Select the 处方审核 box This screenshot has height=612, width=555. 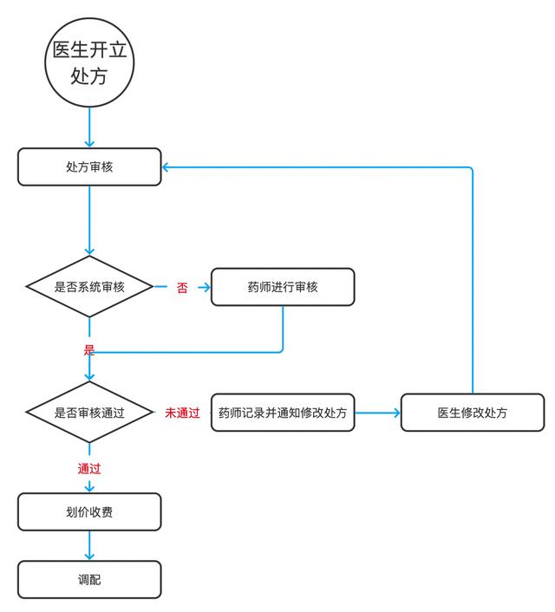[x=89, y=166]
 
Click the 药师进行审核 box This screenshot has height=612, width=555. [x=283, y=287]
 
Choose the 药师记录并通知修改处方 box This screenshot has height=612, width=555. [x=283, y=413]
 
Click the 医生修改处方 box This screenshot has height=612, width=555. [x=473, y=413]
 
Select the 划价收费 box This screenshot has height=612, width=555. [x=89, y=511]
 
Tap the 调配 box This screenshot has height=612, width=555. [x=89, y=580]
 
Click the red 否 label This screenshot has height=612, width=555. [x=182, y=288]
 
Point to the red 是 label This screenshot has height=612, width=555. [x=89, y=349]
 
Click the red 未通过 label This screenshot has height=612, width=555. [x=182, y=413]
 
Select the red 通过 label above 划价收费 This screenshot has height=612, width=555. [x=89, y=468]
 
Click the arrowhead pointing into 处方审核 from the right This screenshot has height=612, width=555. [x=165, y=167]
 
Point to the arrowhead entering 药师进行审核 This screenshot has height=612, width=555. [x=206, y=288]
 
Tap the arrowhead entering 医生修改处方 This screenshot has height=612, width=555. [x=397, y=413]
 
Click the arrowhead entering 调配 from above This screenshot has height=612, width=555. [x=89, y=557]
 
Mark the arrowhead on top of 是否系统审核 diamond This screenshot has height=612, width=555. [x=89, y=251]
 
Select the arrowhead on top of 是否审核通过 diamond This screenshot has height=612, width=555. [x=89, y=377]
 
